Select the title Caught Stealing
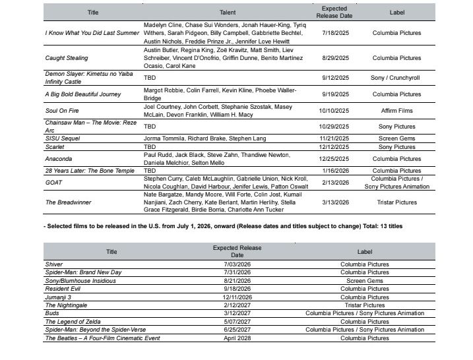67,58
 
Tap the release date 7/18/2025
334,32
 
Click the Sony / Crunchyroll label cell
396,78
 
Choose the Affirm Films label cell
396,111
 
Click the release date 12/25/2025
334,159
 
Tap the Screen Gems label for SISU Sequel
396,139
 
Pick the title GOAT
53,183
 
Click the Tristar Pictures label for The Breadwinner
396,202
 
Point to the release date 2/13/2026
334,183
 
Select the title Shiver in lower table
54,264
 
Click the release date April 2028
237,338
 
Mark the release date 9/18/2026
237,289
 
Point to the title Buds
52,313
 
